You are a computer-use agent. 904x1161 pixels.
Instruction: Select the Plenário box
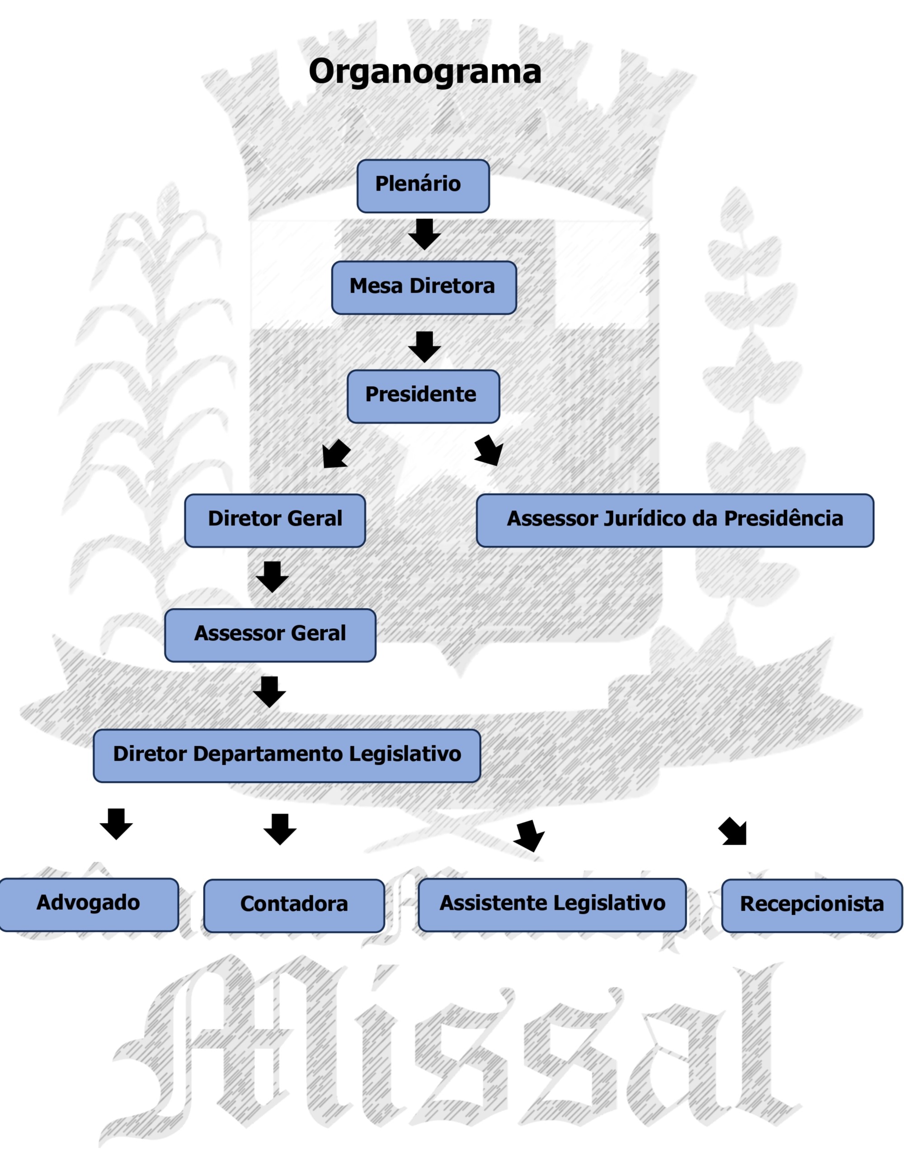(x=423, y=186)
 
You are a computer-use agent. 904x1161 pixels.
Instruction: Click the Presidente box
(x=423, y=396)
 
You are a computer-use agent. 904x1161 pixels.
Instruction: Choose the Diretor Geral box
(x=274, y=520)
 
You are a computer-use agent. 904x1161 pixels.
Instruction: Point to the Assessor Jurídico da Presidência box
(x=674, y=520)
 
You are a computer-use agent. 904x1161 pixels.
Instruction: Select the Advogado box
(x=88, y=904)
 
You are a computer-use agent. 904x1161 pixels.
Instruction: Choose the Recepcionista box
(x=811, y=905)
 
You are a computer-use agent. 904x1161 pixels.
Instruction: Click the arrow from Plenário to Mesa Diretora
(x=424, y=234)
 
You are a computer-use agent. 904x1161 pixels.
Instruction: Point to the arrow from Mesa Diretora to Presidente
(x=424, y=346)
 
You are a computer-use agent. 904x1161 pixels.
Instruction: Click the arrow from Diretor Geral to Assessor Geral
(x=272, y=577)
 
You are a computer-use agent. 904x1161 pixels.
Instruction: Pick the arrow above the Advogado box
(x=116, y=824)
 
